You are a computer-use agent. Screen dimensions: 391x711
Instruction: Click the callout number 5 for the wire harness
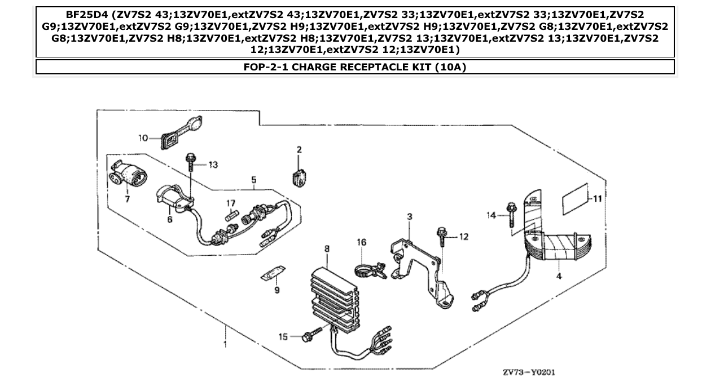pos(254,180)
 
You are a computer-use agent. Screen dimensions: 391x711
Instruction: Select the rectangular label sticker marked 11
pos(574,199)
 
